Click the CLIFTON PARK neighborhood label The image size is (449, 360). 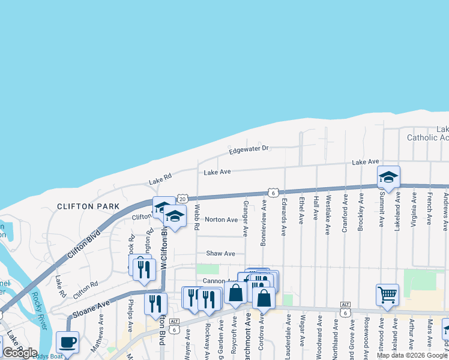(83, 206)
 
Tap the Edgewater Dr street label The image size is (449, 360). (249, 148)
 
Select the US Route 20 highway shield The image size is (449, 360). (183, 197)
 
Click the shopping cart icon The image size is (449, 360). (388, 295)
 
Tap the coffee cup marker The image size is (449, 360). (67, 343)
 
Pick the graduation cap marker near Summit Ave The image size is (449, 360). (388, 177)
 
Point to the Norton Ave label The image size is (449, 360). (221, 220)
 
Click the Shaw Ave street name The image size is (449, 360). (221, 254)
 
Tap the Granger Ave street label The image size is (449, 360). (246, 218)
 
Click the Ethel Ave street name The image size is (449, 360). (301, 209)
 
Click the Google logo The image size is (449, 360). (20, 353)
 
